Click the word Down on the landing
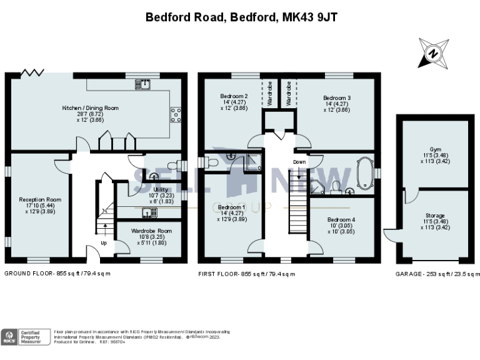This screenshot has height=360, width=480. pyautogui.click(x=299, y=162)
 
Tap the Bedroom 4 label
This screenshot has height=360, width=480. pyautogui.click(x=341, y=219)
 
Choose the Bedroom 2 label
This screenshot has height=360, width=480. pyautogui.click(x=233, y=96)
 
